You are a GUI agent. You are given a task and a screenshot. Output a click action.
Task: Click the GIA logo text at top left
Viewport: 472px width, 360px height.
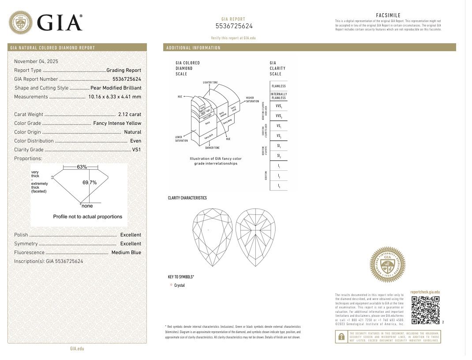coord(60,22)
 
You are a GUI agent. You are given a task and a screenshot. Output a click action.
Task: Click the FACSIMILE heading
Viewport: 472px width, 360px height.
coord(388,15)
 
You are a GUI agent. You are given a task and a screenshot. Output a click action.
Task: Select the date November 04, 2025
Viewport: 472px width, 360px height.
coord(36,61)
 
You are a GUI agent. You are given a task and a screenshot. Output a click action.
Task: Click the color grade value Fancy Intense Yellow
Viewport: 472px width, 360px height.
coord(117,123)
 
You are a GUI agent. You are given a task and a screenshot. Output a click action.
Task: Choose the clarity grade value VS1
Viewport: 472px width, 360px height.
coord(137,150)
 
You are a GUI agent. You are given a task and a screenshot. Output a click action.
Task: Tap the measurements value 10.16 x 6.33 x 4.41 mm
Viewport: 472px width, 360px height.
coord(115,97)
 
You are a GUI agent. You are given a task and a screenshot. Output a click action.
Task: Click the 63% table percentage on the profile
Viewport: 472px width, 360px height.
coord(82,167)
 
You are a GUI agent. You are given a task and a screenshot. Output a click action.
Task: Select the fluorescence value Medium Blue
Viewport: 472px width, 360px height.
coord(126,252)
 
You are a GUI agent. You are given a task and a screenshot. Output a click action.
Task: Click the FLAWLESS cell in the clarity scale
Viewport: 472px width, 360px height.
coord(278,86)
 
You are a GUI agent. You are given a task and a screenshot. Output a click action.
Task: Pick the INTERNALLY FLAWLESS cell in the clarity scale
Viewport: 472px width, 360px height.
coord(278,96)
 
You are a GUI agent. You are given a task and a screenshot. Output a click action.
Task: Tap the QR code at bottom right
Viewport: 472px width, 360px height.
coord(425,310)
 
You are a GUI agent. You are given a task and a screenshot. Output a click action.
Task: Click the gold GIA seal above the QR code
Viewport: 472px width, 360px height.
coord(387,265)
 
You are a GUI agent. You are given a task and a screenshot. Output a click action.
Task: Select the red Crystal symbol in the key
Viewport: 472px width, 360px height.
coord(171,285)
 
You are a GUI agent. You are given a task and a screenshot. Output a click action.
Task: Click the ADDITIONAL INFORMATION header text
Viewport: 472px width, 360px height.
coord(193,48)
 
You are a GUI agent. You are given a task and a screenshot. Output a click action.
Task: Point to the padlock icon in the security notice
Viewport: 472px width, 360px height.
coord(341,337)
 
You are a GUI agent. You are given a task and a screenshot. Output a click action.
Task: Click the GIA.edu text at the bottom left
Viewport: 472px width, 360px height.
coord(77,349)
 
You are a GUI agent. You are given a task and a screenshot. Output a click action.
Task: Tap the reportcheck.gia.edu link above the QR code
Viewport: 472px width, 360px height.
coord(425,292)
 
